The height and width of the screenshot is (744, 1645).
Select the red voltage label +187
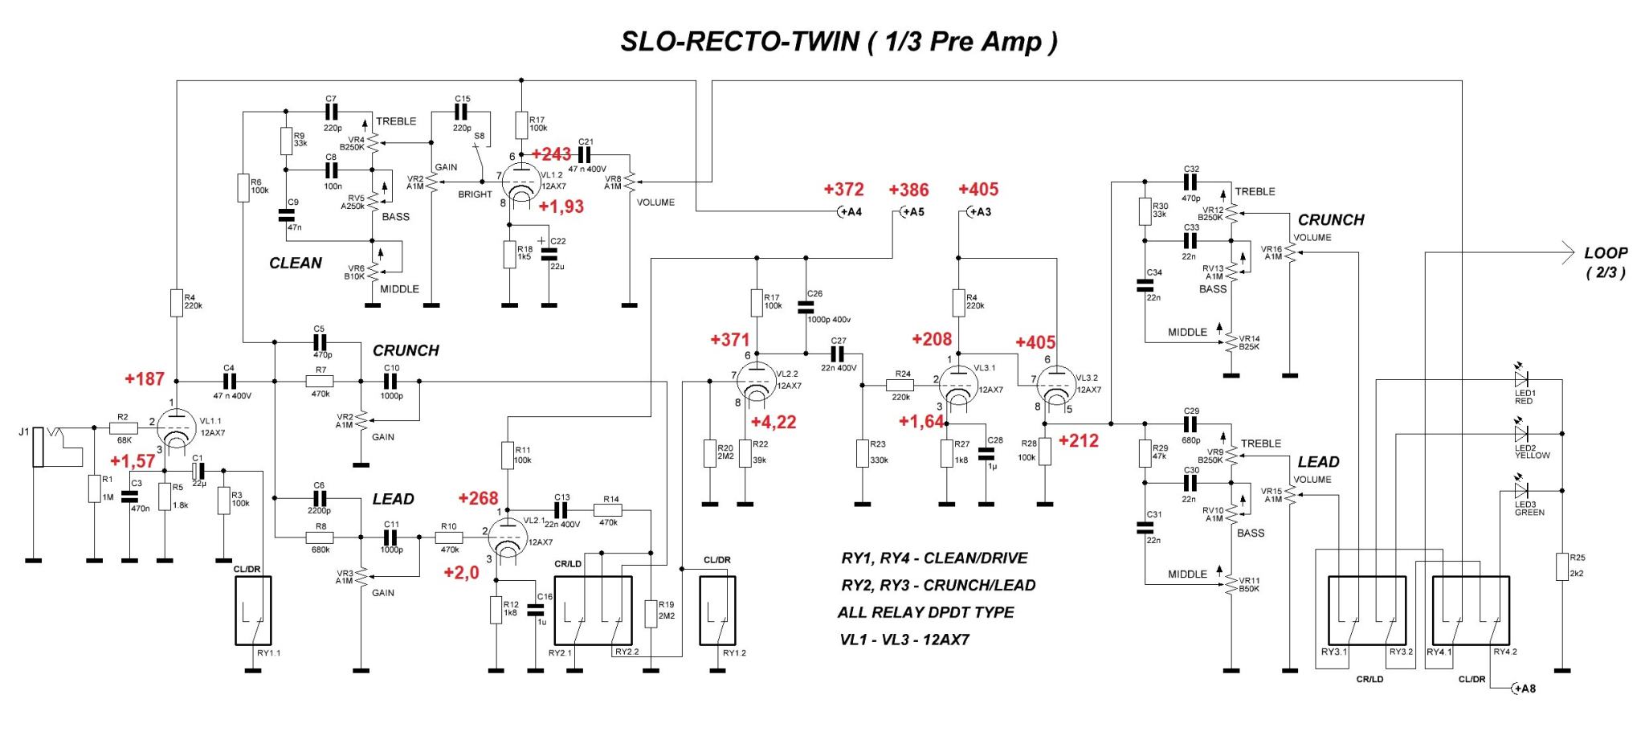(x=145, y=378)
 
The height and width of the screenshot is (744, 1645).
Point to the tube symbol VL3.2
(x=1055, y=386)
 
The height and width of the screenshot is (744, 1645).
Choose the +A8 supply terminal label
(x=1523, y=689)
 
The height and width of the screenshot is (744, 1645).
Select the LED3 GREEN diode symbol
(x=1520, y=491)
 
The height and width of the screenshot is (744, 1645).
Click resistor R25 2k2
(x=1562, y=566)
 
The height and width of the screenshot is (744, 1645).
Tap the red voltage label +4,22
(x=773, y=422)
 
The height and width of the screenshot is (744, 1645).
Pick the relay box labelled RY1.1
(x=253, y=611)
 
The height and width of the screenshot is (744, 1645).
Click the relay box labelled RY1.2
(x=717, y=611)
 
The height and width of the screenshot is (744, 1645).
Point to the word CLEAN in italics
(x=295, y=263)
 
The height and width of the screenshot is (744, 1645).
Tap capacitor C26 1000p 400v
(x=806, y=307)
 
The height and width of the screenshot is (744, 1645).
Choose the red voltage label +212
(x=1078, y=440)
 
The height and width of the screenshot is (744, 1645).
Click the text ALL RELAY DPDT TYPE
(x=925, y=612)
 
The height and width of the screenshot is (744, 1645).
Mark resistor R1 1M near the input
(x=95, y=489)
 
